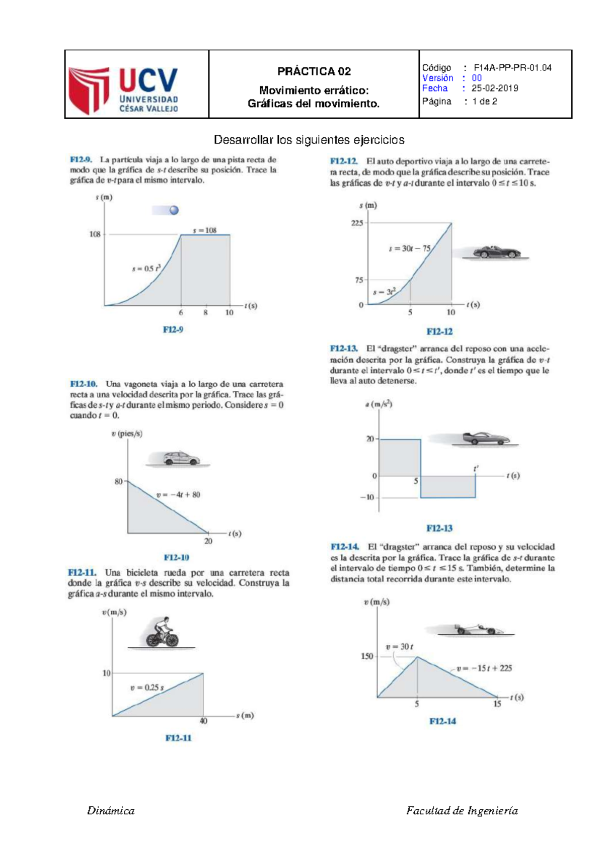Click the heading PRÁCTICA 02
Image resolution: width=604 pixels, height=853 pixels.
pyautogui.click(x=314, y=71)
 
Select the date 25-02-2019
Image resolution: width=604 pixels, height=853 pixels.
pyautogui.click(x=495, y=89)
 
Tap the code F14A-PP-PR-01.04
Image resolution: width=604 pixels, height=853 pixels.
pyautogui.click(x=512, y=68)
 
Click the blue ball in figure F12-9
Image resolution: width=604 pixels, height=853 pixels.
pyautogui.click(x=174, y=210)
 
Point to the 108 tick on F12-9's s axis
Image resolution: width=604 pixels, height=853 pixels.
pyautogui.click(x=95, y=234)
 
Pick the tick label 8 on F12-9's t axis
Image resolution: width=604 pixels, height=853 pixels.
pyautogui.click(x=205, y=313)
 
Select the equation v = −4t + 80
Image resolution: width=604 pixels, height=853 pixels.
pyautogui.click(x=178, y=495)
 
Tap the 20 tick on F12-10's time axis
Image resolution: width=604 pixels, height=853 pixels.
pyautogui.click(x=208, y=541)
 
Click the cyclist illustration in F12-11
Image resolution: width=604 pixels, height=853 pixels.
pyautogui.click(x=162, y=633)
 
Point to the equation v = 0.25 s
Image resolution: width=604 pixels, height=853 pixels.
pyautogui.click(x=147, y=688)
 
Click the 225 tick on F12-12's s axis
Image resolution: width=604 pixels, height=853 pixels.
pyautogui.click(x=357, y=223)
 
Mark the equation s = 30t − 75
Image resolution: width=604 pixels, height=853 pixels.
pyautogui.click(x=410, y=249)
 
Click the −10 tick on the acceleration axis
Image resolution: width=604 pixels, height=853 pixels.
pyautogui.click(x=367, y=497)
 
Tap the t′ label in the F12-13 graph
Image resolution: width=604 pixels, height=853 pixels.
pyautogui.click(x=476, y=469)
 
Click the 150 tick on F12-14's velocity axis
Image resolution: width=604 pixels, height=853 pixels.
pyautogui.click(x=367, y=656)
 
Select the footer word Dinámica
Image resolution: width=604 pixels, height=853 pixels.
pyautogui.click(x=111, y=811)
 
